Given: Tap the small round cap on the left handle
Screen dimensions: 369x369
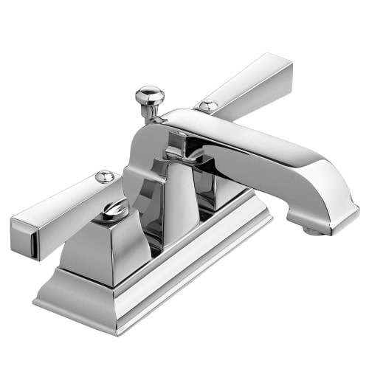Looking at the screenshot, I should coord(105,176).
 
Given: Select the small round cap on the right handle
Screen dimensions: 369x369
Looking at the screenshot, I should coord(207,106).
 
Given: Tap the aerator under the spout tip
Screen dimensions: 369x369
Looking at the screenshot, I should coord(313,230).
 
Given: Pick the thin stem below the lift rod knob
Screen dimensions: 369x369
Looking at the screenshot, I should coord(151,111).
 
